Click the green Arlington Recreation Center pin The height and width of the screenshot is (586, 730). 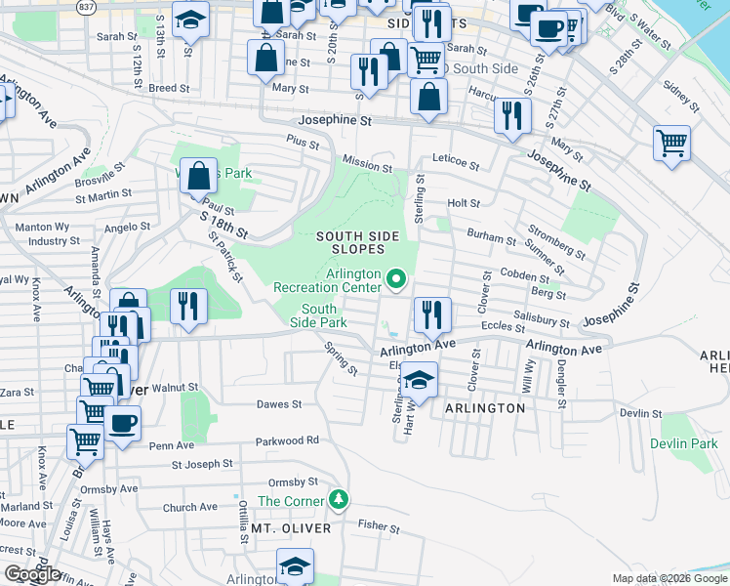(x=395, y=280)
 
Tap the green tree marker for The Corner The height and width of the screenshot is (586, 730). (x=339, y=500)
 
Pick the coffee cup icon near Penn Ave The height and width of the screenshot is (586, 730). (x=123, y=424)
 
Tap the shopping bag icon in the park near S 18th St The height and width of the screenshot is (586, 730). (x=198, y=177)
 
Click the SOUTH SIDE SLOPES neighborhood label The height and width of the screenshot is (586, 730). (x=361, y=243)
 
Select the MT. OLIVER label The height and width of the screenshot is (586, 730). (x=291, y=528)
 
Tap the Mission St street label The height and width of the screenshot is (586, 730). (x=366, y=166)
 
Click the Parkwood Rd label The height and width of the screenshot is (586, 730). (x=288, y=441)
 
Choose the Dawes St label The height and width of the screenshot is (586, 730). (x=279, y=403)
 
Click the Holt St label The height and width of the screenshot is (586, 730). (x=464, y=203)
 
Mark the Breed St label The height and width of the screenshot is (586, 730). (x=169, y=88)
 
